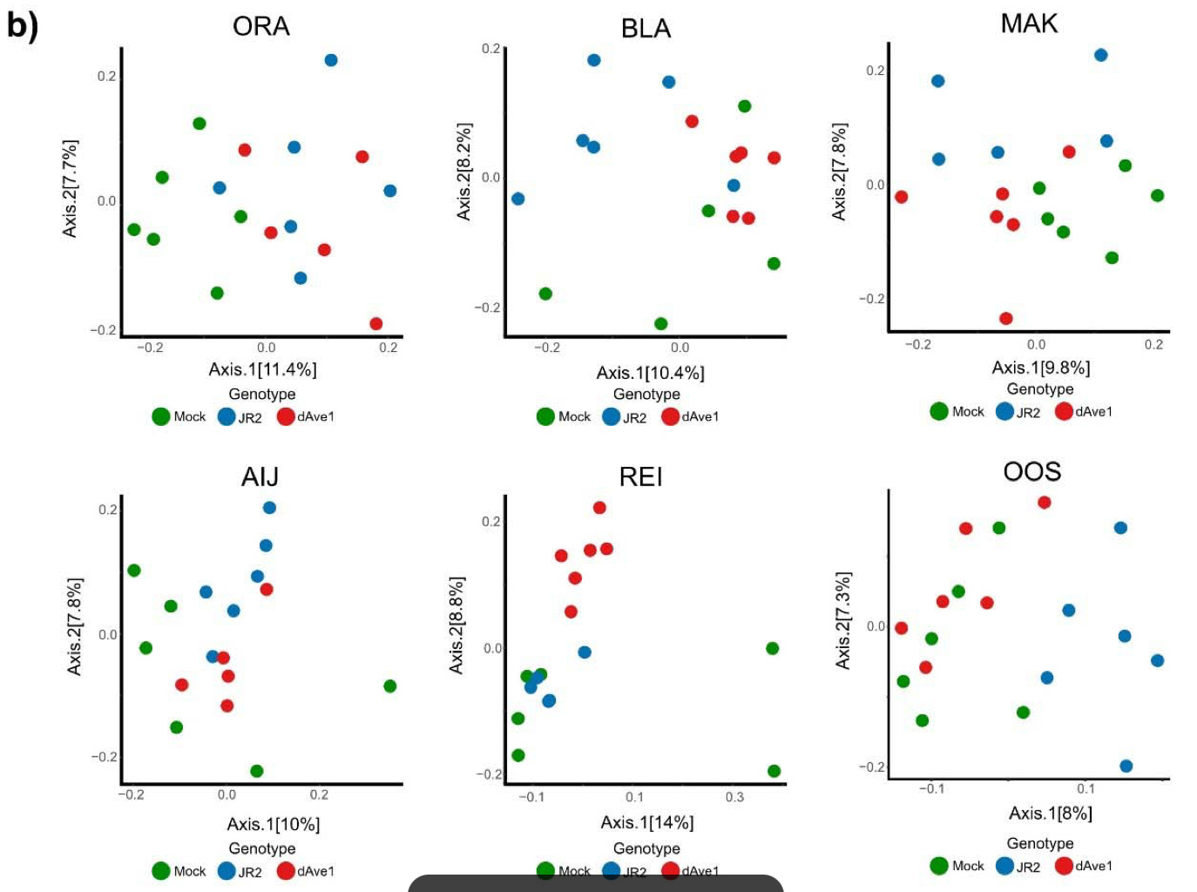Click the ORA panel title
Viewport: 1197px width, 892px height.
click(x=260, y=26)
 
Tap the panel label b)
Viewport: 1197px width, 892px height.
click(x=22, y=25)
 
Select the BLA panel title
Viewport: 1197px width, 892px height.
click(x=646, y=29)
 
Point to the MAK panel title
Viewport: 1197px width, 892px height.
click(x=1029, y=24)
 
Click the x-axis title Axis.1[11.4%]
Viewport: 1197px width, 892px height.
click(x=262, y=369)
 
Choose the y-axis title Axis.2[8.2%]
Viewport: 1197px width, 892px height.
click(x=463, y=172)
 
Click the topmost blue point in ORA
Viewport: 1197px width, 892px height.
click(x=331, y=60)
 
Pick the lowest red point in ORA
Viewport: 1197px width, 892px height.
click(x=376, y=324)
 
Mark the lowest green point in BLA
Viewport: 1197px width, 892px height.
click(x=660, y=324)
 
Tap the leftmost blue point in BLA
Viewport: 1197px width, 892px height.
click(x=518, y=199)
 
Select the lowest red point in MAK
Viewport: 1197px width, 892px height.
click(x=1006, y=319)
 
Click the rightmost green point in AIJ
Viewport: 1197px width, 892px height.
click(x=390, y=686)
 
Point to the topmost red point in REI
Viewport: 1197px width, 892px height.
click(x=599, y=508)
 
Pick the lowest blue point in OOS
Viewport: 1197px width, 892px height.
click(x=1126, y=767)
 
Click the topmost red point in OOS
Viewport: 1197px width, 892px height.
click(x=1045, y=503)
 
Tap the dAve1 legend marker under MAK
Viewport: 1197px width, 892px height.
click(x=1064, y=411)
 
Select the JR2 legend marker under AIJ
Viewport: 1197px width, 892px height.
click(x=227, y=871)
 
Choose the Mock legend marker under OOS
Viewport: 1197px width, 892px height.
click(x=939, y=866)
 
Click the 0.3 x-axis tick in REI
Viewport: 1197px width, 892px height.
click(x=734, y=797)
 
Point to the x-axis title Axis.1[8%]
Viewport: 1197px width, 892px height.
click(x=1050, y=814)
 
